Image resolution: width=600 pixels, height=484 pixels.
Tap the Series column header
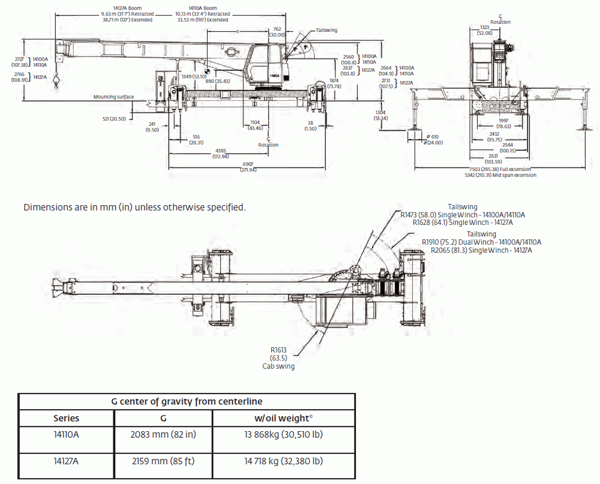point(66,419)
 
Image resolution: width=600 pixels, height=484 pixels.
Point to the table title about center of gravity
point(187,401)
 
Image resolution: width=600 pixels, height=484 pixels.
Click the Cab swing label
point(278,366)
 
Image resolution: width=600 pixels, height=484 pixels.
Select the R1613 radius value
point(279,350)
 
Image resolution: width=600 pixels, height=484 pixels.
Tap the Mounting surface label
point(113,97)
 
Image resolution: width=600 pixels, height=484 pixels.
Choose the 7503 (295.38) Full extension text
point(500,170)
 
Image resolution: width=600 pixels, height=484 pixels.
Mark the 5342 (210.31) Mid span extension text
point(500,175)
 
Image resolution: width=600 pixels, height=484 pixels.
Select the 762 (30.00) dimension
point(277,32)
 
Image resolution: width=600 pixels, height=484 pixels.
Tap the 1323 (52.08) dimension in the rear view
point(485,30)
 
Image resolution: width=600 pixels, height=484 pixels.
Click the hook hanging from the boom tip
point(56,80)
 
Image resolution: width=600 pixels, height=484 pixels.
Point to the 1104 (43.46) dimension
point(256,125)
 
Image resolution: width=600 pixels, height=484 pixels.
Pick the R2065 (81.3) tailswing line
point(482,249)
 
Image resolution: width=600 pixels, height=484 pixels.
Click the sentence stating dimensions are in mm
point(134,208)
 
